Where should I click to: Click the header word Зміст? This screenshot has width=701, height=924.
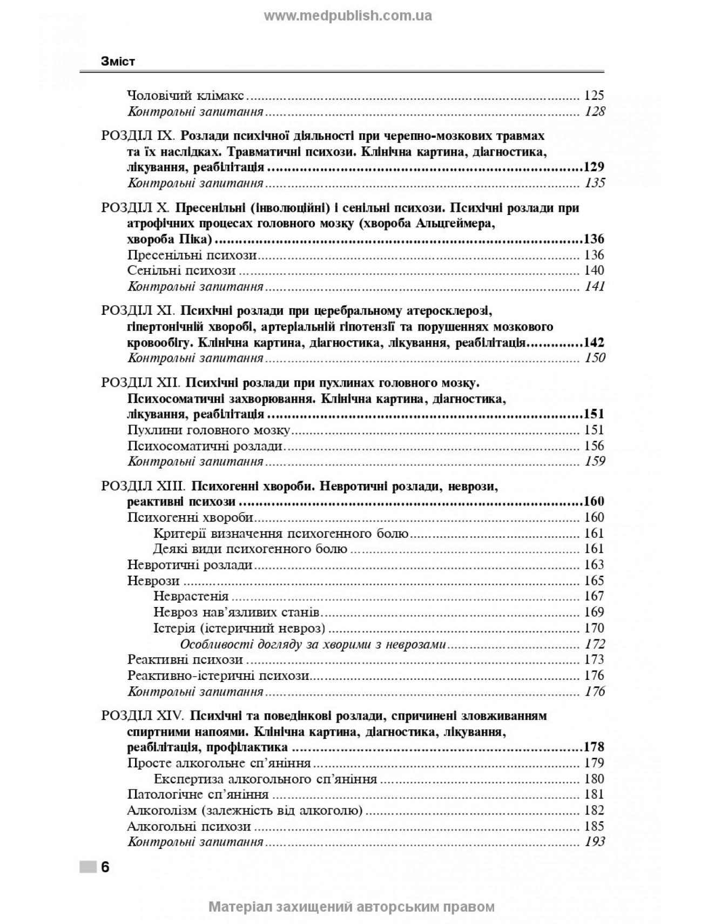[118, 62]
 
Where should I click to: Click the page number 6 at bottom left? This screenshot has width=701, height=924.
[105, 867]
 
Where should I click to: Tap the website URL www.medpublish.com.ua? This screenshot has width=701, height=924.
[348, 16]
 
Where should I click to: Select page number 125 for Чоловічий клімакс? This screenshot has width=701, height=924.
[594, 96]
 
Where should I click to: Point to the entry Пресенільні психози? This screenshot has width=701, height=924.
[192, 255]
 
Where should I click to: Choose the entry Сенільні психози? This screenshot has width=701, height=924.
[181, 271]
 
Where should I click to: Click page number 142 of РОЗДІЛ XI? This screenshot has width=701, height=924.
[594, 342]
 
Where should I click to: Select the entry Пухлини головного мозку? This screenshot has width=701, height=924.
[210, 430]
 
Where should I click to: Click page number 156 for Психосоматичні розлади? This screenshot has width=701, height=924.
[594, 446]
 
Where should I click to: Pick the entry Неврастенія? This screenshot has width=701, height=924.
[191, 596]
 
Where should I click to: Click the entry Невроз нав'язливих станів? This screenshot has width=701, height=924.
[237, 612]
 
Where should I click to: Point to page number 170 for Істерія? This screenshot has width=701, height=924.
[594, 628]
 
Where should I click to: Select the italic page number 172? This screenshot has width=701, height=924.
[595, 644]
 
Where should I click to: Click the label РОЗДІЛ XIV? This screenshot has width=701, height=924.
[143, 716]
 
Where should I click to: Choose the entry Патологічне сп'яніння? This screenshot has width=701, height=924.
[198, 794]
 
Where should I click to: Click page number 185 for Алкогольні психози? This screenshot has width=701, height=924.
[594, 826]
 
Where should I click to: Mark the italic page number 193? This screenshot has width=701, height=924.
[595, 842]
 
